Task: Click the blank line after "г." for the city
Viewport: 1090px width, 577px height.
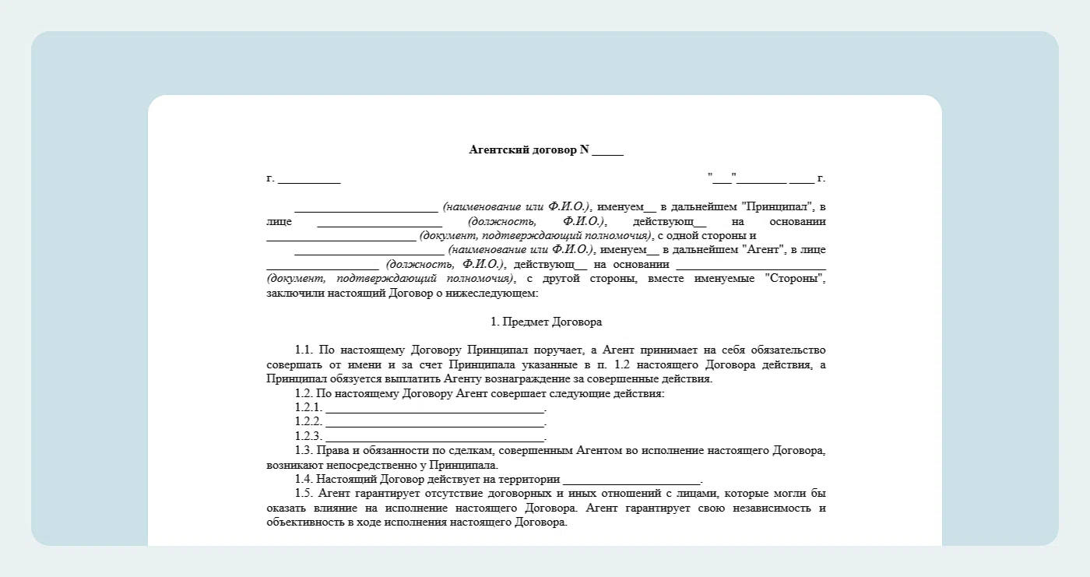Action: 309,179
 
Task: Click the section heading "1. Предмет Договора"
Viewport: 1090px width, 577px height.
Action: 546,322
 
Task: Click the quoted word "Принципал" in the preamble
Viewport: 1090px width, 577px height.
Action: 778,207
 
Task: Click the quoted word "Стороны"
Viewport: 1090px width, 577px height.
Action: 794,279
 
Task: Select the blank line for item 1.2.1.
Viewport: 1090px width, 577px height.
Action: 434,408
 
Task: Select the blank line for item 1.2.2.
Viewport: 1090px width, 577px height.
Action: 434,422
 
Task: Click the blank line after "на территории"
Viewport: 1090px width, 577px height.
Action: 631,480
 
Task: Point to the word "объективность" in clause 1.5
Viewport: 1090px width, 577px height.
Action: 301,522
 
